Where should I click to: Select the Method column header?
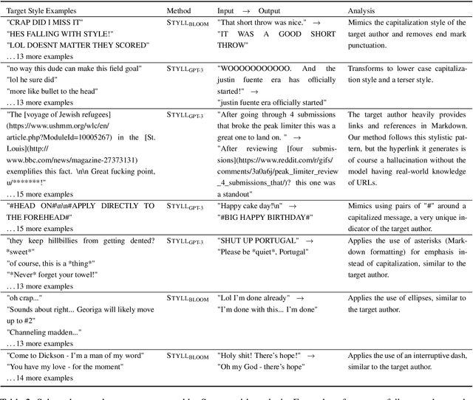point(180,11)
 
